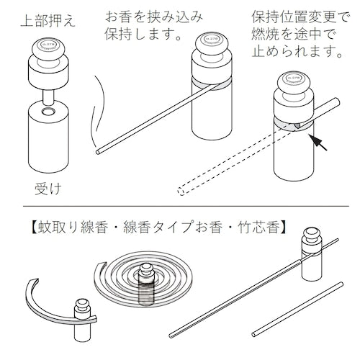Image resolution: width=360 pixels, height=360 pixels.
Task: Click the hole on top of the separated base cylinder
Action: (x=48, y=114)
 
